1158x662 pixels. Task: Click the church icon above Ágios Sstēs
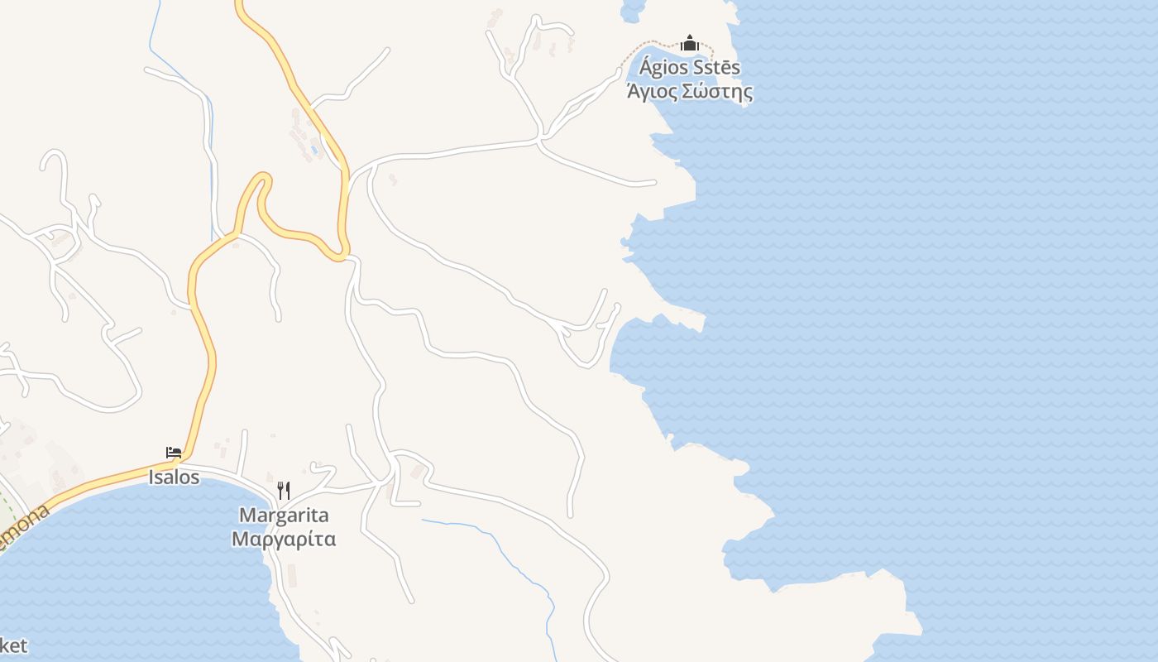tap(690, 43)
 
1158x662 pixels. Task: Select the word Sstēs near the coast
tap(714, 68)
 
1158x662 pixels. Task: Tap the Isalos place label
tap(174, 477)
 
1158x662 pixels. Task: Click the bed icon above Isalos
tap(174, 453)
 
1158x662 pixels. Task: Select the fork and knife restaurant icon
tap(283, 490)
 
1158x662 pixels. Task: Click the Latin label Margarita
tap(284, 515)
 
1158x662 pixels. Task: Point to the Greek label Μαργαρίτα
tap(284, 540)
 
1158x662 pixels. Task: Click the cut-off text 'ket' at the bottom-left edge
tap(13, 645)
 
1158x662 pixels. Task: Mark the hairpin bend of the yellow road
tap(261, 178)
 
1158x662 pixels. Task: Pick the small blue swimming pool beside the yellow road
tap(313, 150)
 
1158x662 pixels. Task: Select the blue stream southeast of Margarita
tap(496, 546)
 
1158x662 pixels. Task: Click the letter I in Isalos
tap(151, 477)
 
